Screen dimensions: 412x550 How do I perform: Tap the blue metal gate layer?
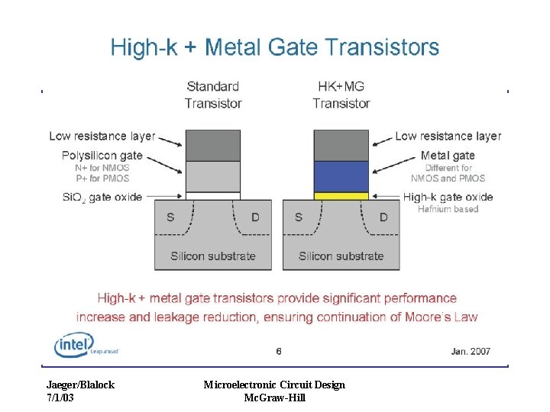(341, 176)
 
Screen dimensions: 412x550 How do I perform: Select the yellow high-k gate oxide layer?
(341, 196)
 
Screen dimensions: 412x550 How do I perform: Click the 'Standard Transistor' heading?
(213, 95)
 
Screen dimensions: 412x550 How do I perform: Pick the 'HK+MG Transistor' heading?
(341, 95)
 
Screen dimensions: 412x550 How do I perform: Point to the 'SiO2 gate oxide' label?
(102, 197)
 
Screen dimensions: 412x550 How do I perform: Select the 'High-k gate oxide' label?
(448, 197)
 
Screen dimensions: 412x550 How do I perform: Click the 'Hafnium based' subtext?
(448, 209)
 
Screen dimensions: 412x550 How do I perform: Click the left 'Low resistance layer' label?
(102, 137)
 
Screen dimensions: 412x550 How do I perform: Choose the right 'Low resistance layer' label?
(448, 137)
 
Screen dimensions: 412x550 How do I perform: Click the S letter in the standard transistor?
(170, 217)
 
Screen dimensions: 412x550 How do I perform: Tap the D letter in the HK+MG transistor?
(383, 217)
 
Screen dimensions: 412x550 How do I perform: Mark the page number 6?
(279, 352)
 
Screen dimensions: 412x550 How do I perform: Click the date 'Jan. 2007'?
(471, 352)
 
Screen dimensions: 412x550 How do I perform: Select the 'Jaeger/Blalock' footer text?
(80, 385)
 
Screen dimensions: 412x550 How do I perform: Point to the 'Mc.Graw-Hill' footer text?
(274, 398)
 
